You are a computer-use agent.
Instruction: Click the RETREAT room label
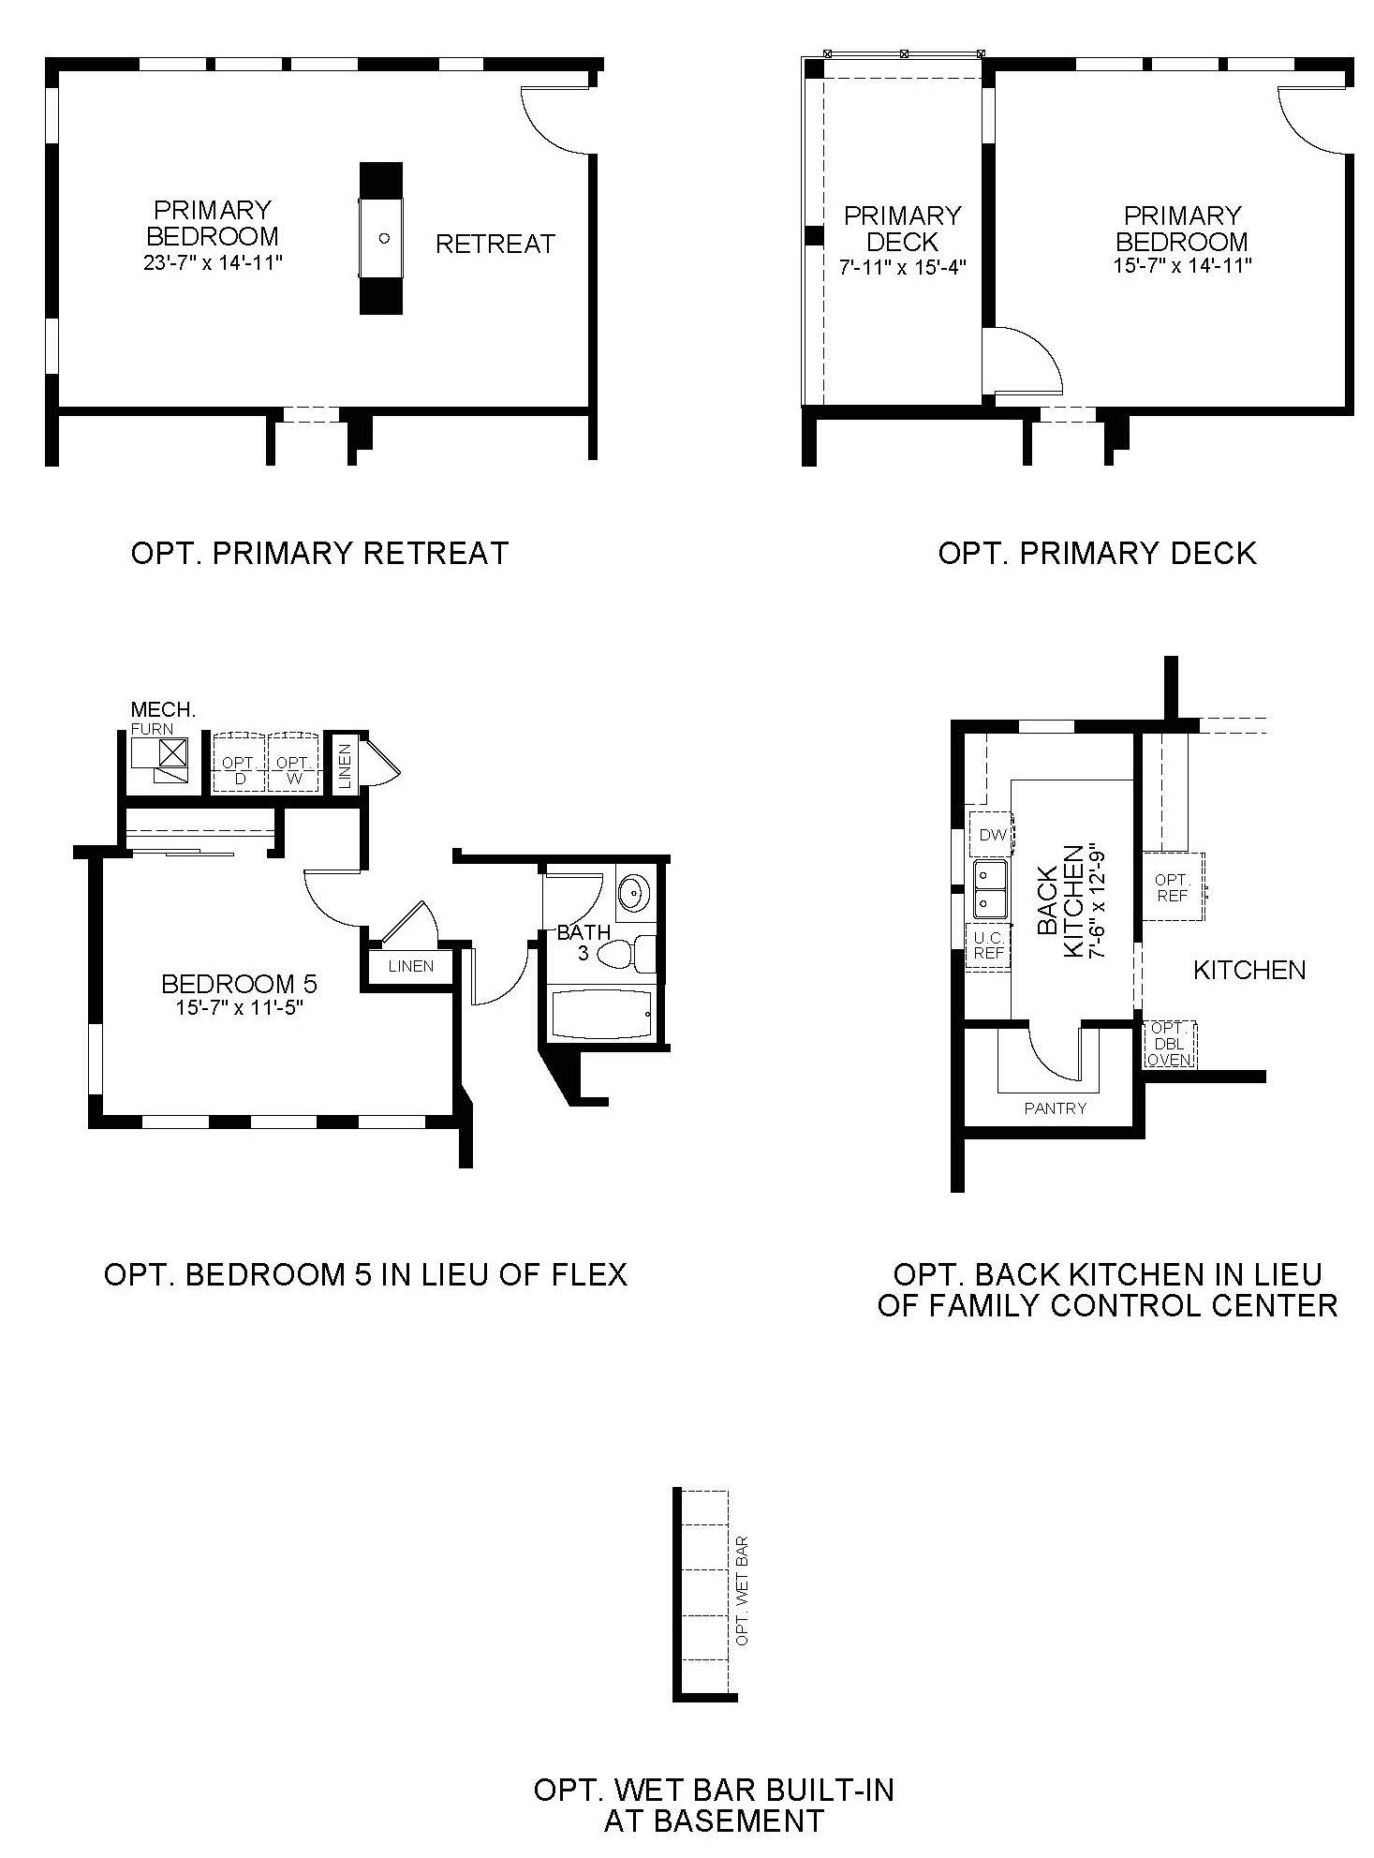tap(495, 244)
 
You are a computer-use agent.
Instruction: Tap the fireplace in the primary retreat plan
tap(381, 238)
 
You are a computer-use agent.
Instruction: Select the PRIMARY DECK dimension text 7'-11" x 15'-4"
tap(902, 266)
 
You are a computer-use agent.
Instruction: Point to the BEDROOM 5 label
tap(240, 983)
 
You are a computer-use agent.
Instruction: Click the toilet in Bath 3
tap(628, 954)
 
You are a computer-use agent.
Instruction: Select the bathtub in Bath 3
tap(598, 1012)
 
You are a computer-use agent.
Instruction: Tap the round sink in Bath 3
tap(635, 892)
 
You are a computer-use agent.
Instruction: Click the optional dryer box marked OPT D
tap(240, 763)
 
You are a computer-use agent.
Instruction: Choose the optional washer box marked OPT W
tap(293, 763)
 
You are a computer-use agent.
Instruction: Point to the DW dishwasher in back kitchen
tap(992, 834)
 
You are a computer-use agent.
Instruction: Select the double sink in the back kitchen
tap(990, 889)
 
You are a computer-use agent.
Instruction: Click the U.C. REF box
tap(989, 945)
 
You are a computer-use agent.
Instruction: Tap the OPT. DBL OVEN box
tap(1170, 1044)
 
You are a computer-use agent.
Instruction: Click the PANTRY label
tap(1055, 1107)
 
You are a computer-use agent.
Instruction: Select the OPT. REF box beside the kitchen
tap(1173, 886)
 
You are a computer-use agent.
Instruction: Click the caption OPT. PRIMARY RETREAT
tap(319, 553)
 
